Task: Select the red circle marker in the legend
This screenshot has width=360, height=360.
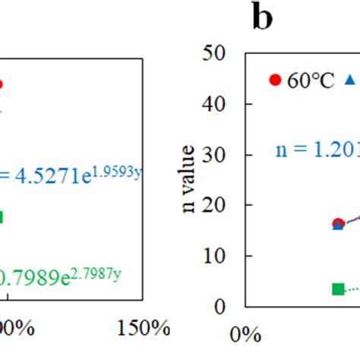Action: pos(276,81)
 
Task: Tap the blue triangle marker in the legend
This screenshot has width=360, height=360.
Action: pos(350,80)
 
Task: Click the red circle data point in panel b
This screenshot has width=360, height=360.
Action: pos(338,223)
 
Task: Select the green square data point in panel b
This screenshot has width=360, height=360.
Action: pos(339,289)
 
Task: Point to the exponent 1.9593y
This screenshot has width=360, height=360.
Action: pos(122,171)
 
